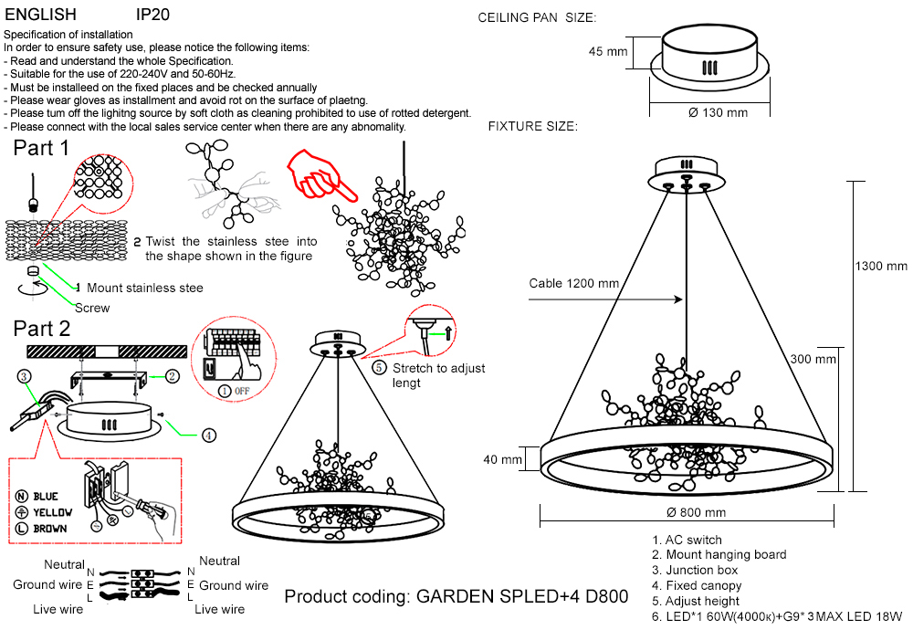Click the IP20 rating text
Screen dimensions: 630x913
[152, 16]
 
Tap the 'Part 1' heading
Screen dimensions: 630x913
[41, 148]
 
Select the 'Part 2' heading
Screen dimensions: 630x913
[42, 329]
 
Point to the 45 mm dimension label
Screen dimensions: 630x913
[608, 52]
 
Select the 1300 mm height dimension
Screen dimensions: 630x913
[881, 266]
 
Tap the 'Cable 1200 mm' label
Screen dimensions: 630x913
[574, 283]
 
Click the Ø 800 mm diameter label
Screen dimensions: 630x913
[696, 512]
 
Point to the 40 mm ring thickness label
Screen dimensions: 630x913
[503, 459]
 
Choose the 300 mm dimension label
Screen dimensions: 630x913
[813, 359]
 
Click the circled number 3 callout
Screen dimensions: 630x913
[25, 375]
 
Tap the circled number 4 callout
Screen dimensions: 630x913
[209, 436]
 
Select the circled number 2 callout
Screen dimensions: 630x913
[173, 375]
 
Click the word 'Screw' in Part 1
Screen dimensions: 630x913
[92, 308]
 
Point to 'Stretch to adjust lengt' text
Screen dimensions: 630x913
[438, 375]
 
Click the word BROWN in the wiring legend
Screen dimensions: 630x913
[50, 529]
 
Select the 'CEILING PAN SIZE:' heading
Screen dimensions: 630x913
[537, 18]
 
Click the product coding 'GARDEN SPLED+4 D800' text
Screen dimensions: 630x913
[456, 597]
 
